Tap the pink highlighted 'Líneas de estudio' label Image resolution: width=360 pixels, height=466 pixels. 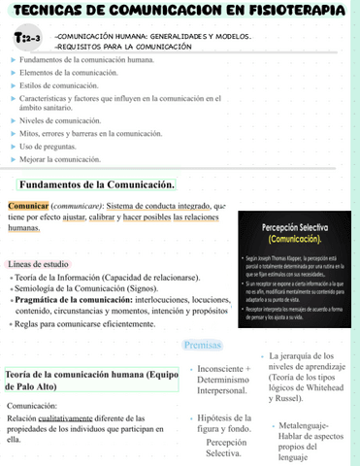coord(37,264)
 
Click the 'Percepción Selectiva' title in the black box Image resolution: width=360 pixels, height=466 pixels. coord(298,228)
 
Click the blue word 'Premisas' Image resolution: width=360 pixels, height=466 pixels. coord(203,346)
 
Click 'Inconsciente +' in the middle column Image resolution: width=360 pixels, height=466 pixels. coord(222,370)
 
